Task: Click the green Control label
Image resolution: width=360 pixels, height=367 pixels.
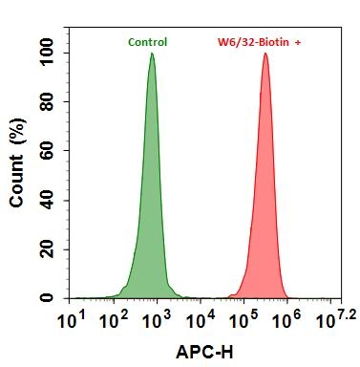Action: pos(147,42)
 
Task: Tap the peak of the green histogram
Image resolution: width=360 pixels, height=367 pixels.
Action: pos(152,54)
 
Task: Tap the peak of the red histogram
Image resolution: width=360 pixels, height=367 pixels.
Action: pos(265,54)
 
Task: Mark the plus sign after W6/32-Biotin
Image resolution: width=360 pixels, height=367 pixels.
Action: pos(297,42)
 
